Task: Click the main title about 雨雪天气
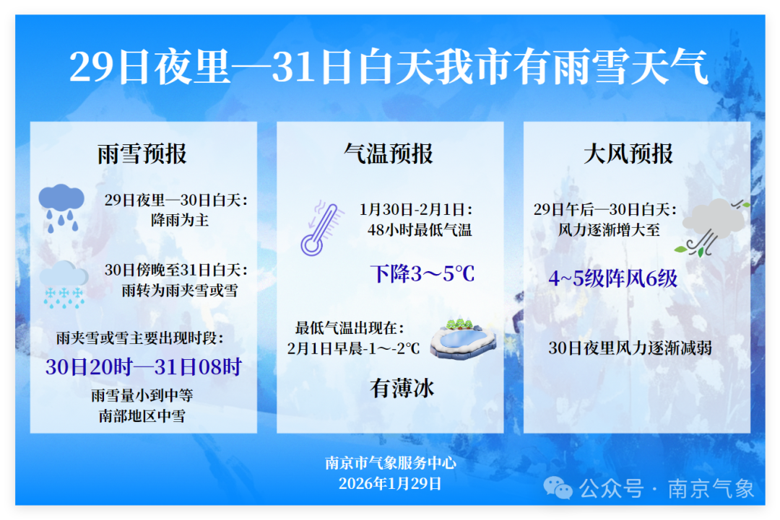click(389, 66)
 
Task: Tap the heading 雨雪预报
click(142, 154)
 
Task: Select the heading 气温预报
click(389, 154)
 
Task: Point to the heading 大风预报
click(628, 154)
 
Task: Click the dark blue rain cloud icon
click(61, 208)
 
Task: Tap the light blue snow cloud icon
click(64, 285)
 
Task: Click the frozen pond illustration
click(463, 337)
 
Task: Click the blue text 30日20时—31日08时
click(143, 367)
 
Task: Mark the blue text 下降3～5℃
click(422, 273)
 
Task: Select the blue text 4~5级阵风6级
click(613, 278)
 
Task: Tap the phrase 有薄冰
click(402, 388)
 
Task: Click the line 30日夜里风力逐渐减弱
click(630, 348)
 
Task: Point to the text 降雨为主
click(180, 220)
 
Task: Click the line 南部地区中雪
click(142, 415)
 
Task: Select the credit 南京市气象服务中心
click(391, 463)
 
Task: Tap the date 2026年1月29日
click(391, 483)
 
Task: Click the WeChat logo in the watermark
click(558, 488)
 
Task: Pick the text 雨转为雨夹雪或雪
click(180, 290)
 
